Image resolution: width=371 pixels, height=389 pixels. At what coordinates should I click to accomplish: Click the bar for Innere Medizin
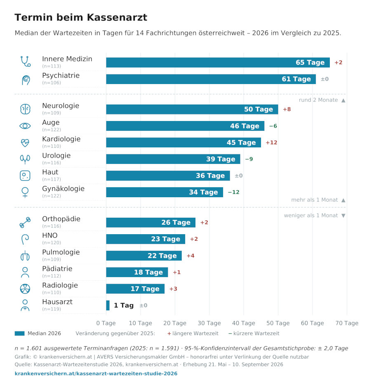click(x=218, y=63)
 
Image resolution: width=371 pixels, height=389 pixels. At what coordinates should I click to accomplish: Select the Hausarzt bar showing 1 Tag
click(x=108, y=305)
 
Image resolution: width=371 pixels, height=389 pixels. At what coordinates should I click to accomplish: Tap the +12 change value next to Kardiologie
click(x=271, y=143)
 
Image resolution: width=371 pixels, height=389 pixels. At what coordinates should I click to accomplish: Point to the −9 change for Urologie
click(x=249, y=159)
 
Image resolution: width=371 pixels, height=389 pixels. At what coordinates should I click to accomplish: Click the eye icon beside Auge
click(x=25, y=126)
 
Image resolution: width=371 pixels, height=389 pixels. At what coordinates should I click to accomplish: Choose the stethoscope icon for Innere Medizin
click(x=25, y=61)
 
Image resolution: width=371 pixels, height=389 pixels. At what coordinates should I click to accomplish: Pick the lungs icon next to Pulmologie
click(x=25, y=256)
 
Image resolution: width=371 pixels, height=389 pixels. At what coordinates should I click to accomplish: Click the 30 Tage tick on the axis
click(x=209, y=323)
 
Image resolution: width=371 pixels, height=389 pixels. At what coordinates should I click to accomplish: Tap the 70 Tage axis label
click(x=347, y=323)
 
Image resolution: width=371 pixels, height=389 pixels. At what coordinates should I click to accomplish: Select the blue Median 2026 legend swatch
click(x=20, y=333)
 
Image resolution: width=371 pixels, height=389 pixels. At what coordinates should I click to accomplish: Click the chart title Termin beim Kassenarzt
click(x=81, y=17)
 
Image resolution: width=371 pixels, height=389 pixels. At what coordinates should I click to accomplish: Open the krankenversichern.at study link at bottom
click(x=96, y=374)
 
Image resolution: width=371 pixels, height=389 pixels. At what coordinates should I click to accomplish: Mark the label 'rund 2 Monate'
click(x=318, y=100)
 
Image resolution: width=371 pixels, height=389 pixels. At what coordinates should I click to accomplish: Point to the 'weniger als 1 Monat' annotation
click(x=311, y=215)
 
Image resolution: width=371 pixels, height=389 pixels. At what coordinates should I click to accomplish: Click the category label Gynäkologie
click(x=63, y=189)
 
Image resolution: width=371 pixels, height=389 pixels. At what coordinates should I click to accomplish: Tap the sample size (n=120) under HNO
click(x=52, y=242)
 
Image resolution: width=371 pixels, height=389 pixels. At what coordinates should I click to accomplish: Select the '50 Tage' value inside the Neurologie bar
click(x=258, y=109)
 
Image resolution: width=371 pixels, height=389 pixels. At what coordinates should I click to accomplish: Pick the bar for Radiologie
click(x=135, y=289)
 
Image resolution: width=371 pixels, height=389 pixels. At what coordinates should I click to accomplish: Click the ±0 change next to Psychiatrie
click(x=324, y=79)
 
